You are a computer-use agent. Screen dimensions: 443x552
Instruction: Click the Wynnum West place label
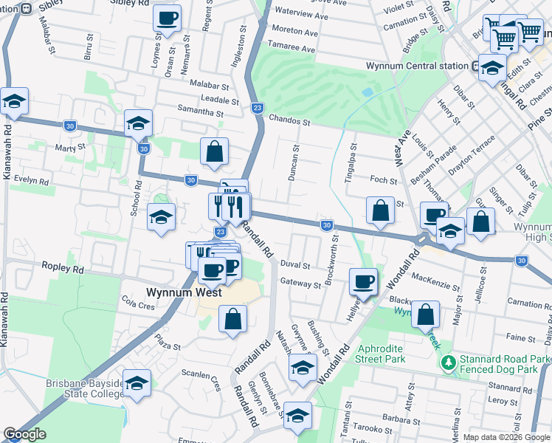point(184,292)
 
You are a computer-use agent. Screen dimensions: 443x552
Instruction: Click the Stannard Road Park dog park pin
point(447,363)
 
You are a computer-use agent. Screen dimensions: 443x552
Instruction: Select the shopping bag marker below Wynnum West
point(232,319)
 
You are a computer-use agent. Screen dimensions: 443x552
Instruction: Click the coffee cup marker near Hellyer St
point(363,281)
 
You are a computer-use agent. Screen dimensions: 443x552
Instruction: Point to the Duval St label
point(295,264)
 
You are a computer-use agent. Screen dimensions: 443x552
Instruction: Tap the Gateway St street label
point(300,282)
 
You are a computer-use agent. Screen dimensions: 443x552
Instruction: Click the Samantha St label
point(200,112)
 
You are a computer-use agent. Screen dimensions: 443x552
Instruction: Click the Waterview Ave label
point(301,15)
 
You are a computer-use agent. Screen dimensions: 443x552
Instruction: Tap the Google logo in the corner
point(25,434)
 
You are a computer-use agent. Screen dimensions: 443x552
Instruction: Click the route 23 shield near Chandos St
point(258,107)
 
